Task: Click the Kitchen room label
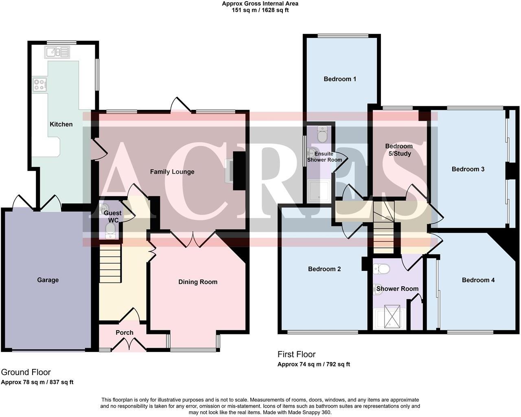61,124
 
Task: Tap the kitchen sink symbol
57,52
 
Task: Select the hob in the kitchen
39,84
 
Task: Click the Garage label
48,280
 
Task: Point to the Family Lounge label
172,171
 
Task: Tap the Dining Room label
198,282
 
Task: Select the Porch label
125,332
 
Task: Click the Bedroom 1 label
340,79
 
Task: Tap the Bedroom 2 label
324,269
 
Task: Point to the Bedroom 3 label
468,169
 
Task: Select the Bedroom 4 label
478,280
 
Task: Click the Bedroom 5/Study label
399,150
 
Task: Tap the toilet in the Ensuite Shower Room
322,134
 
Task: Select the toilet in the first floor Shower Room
382,269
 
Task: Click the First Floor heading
296,354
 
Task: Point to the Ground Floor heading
26,372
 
